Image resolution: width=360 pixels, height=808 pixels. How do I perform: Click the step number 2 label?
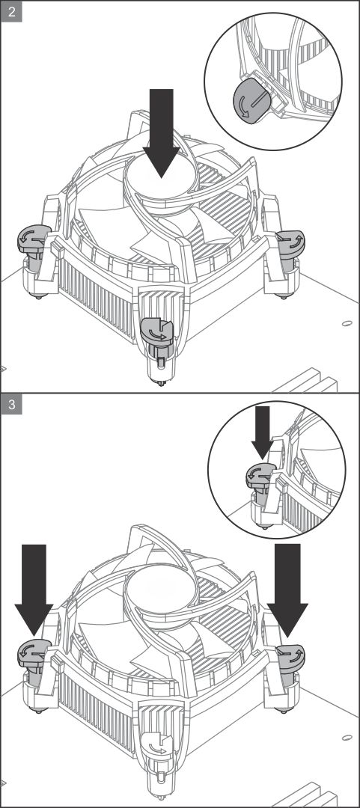click(x=11, y=11)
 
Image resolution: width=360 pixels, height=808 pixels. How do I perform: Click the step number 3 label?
click(x=11, y=405)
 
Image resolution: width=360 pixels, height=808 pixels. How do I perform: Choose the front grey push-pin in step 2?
click(x=159, y=331)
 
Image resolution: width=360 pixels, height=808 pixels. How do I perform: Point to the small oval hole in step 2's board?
click(x=347, y=324)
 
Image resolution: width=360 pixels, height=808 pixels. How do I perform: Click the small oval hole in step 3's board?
click(x=347, y=738)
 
